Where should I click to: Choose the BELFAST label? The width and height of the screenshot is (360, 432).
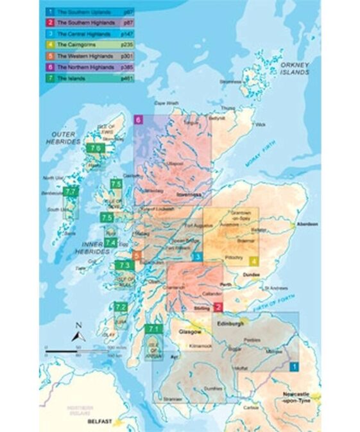(x=99, y=422)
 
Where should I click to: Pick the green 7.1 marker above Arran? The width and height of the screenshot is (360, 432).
(x=153, y=329)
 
